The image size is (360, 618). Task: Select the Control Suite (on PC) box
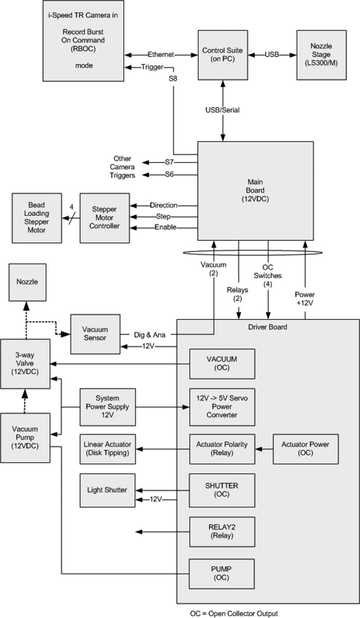[x=222, y=55]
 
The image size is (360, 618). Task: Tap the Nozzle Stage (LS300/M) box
[x=318, y=55]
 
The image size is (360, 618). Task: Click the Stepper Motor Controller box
[x=104, y=218]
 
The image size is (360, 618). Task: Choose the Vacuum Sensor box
[x=95, y=333]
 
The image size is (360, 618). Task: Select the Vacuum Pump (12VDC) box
[x=25, y=438]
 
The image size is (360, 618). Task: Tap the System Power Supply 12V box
[x=107, y=407]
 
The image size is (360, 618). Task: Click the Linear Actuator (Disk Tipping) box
[x=107, y=449]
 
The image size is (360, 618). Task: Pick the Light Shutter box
[x=107, y=490]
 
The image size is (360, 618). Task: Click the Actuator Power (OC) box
[x=305, y=449]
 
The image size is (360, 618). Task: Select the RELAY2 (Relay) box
[x=222, y=532]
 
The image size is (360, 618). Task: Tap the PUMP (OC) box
[x=222, y=574]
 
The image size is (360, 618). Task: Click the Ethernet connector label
[x=161, y=55]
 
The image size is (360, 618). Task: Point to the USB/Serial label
[x=223, y=110]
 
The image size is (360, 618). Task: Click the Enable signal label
[x=165, y=227]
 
